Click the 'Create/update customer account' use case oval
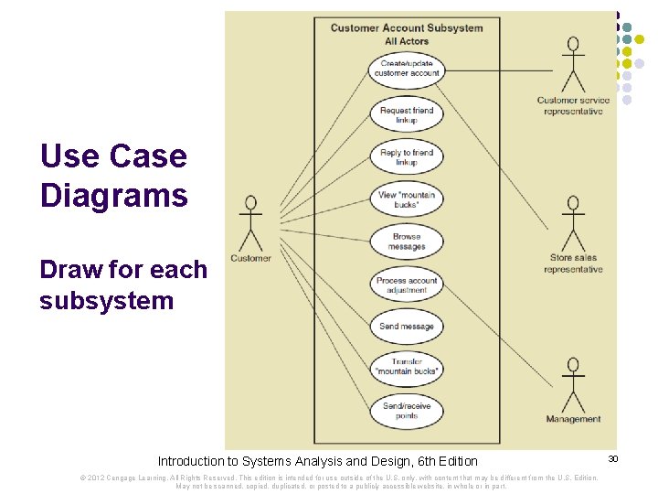(407, 69)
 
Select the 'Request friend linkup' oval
(407, 115)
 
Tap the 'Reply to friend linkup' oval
(407, 157)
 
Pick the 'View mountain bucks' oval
(407, 199)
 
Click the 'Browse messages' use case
(407, 242)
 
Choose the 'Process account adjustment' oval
(407, 285)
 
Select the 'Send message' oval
(407, 327)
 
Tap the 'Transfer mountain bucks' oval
(407, 367)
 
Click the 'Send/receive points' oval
(407, 410)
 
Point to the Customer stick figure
(249, 224)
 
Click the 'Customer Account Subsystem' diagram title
(407, 27)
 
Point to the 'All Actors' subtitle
(407, 41)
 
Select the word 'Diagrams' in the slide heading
(114, 196)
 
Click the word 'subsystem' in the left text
(106, 300)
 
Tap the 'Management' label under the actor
(573, 419)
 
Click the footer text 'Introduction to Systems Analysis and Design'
(283, 461)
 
